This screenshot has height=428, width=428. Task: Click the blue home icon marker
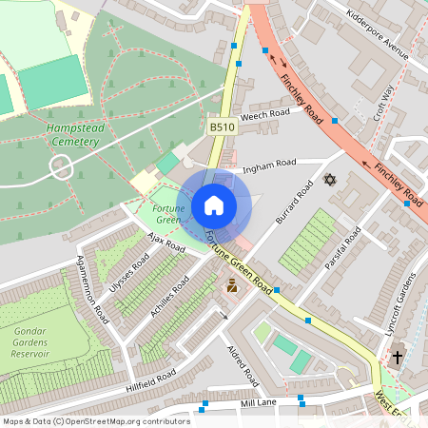[x=214, y=205]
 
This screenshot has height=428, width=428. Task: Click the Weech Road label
[x=264, y=115]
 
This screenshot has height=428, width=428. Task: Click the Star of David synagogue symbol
[x=330, y=179]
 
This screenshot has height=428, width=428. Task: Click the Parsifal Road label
[x=341, y=248]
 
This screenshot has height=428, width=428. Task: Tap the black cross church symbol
[x=396, y=358]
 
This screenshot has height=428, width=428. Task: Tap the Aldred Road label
[x=243, y=364]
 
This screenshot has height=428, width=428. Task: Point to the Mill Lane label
[x=259, y=404]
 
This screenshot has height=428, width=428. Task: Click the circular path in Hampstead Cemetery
[x=61, y=167]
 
